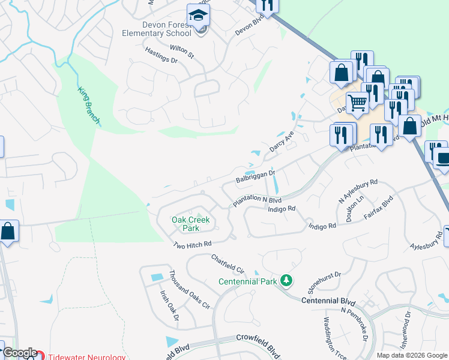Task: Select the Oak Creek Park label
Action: [x=191, y=224]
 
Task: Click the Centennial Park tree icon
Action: [x=287, y=280]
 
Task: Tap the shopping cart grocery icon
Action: [x=358, y=103]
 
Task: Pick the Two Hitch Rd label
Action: [x=193, y=244]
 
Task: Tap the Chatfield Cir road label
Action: [x=229, y=264]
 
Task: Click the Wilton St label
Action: [x=182, y=52]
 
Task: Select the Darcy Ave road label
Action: [x=282, y=142]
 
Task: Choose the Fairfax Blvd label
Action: [x=378, y=208]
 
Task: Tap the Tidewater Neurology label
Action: [x=86, y=357]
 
